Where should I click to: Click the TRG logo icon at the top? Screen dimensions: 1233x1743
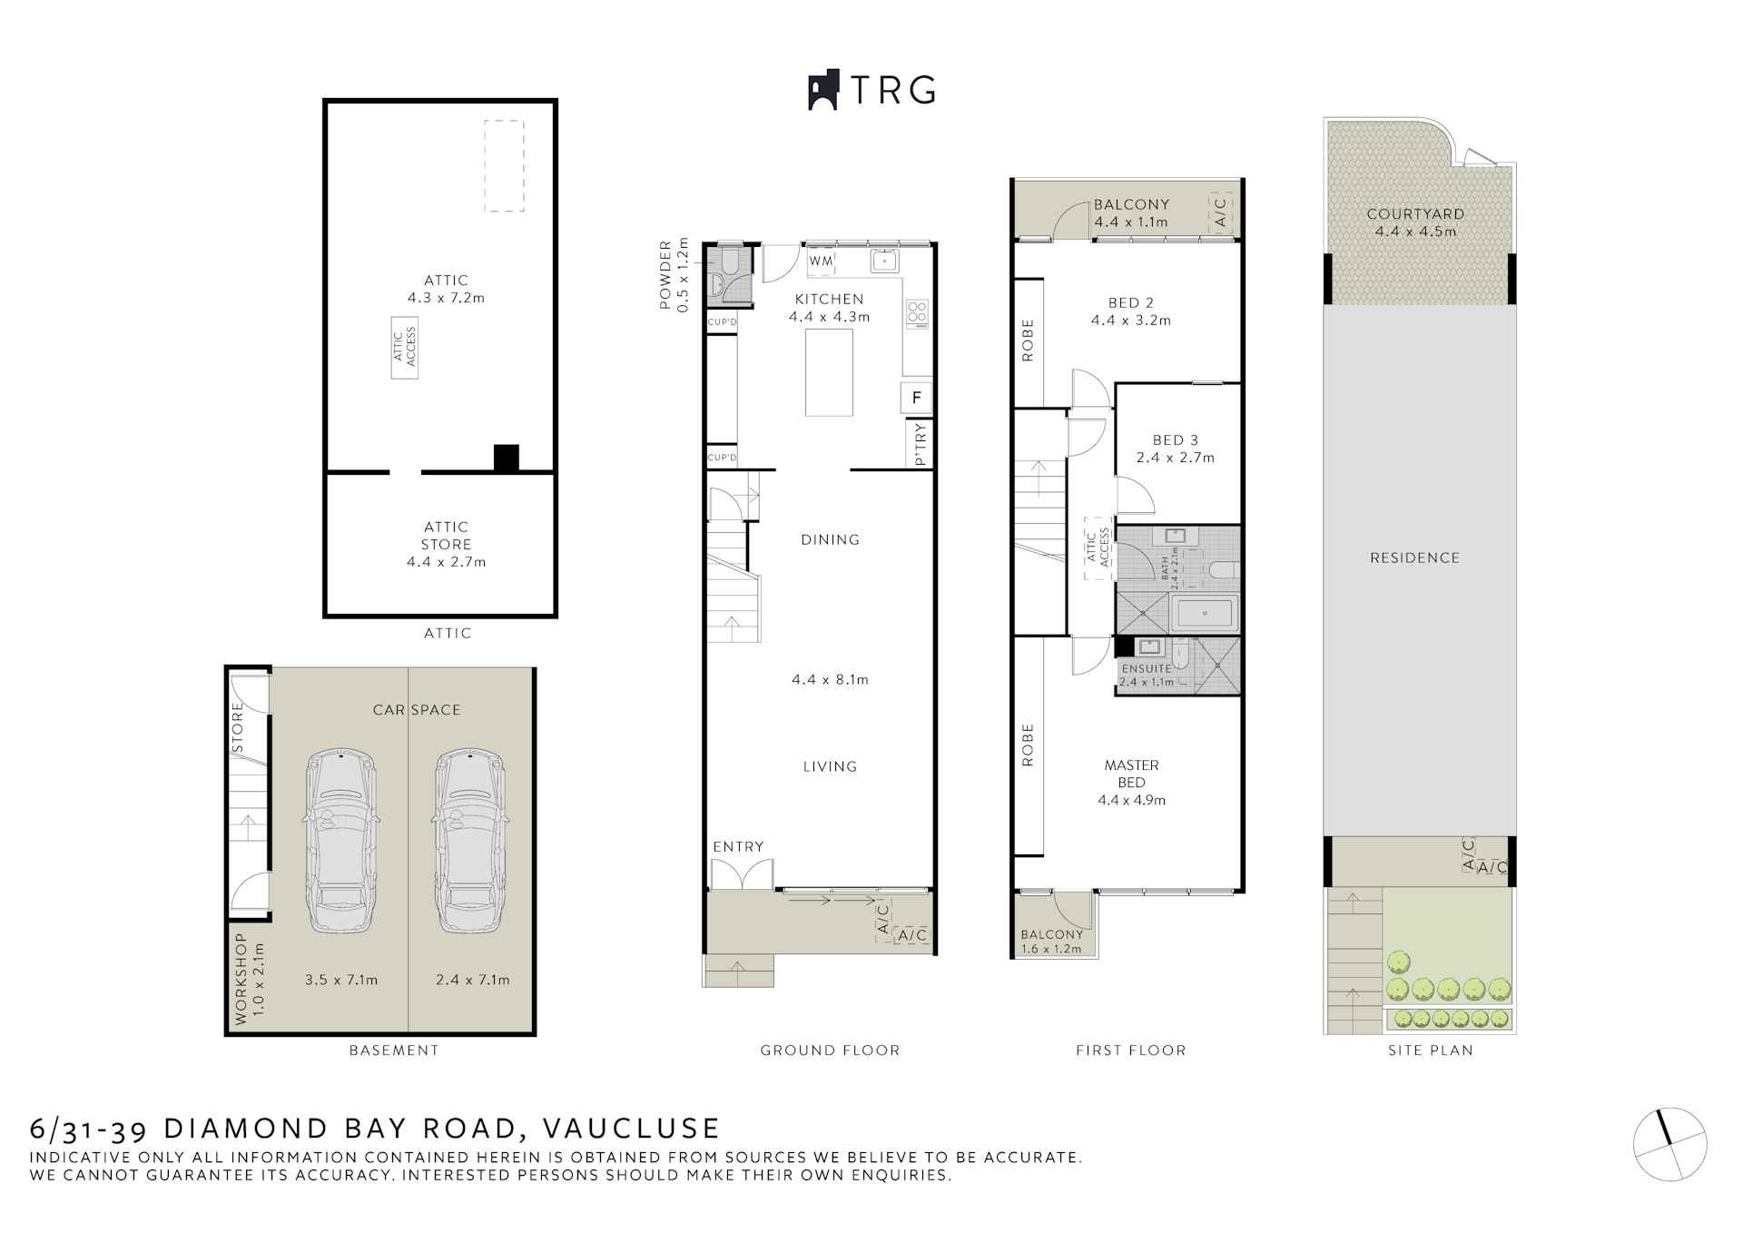coord(822,91)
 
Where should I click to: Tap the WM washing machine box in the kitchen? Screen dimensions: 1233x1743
coord(821,261)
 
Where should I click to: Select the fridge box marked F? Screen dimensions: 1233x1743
coord(917,398)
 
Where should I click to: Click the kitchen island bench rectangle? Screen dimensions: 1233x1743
coord(829,372)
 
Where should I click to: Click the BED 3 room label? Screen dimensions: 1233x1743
coord(1175,440)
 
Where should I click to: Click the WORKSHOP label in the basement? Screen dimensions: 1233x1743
coord(241,979)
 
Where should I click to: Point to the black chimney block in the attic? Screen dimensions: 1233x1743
coord(506,458)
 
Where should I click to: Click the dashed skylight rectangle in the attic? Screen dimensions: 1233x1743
coord(504,166)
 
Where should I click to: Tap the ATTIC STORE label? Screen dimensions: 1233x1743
coord(446,536)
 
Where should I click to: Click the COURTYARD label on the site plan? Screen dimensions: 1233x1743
coord(1415,214)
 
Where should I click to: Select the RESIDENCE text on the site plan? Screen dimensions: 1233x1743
coord(1414,558)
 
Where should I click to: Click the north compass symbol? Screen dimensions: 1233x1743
coord(1670,1144)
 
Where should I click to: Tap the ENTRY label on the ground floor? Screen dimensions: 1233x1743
coord(738,847)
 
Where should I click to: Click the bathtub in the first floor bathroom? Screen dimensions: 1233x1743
coord(1203,614)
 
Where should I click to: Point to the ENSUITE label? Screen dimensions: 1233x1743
coord(1146,668)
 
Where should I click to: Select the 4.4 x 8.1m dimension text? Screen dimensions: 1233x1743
coord(830,679)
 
